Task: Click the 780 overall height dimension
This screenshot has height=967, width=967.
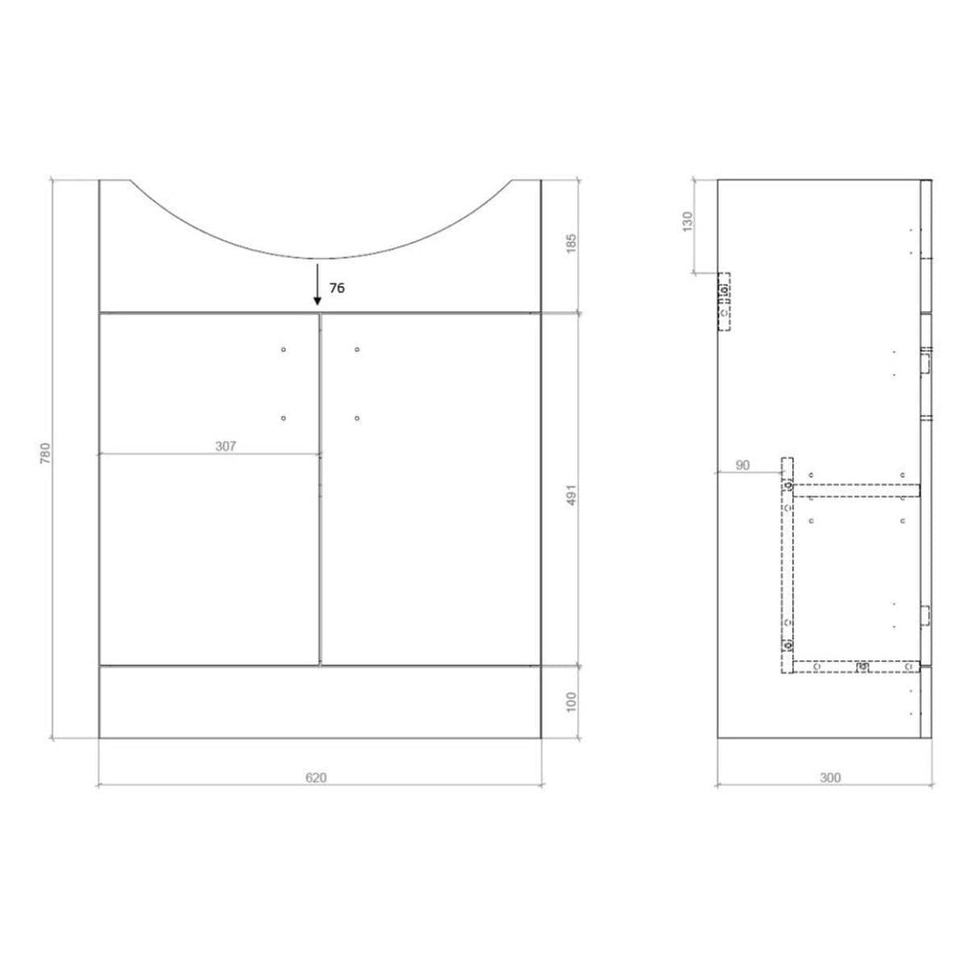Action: [x=47, y=454]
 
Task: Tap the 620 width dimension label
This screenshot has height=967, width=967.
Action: [x=316, y=778]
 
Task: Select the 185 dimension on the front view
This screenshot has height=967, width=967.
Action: [x=571, y=243]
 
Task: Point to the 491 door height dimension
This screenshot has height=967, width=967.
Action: [x=571, y=494]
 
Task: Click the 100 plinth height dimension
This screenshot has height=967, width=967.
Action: [x=571, y=701]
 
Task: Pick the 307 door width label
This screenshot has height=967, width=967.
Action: [x=226, y=446]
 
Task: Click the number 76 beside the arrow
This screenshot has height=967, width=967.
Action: [x=337, y=288]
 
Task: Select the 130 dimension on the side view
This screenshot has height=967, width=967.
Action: [x=687, y=221]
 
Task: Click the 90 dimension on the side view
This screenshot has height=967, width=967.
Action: [x=743, y=465]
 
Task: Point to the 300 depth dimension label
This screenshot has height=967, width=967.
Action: [x=830, y=778]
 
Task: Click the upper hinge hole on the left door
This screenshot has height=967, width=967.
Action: [x=284, y=349]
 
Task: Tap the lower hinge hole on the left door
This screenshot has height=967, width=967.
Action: [x=284, y=417]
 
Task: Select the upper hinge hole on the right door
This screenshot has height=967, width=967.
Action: [x=356, y=349]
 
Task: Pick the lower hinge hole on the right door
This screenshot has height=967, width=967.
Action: [x=356, y=417]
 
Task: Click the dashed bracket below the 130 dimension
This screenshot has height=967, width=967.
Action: [x=724, y=301]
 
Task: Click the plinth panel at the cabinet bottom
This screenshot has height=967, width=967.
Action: [x=319, y=701]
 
